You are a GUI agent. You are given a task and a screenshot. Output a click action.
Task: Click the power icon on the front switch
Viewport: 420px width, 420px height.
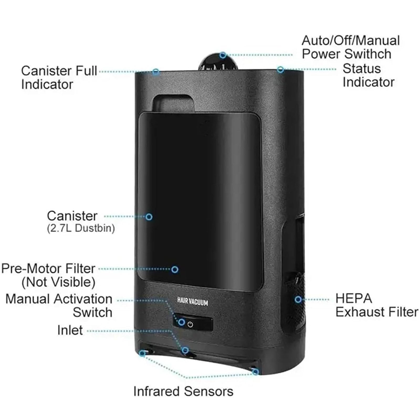tap(190, 324)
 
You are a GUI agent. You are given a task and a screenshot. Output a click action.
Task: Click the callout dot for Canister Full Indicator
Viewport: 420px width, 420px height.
tap(156, 71)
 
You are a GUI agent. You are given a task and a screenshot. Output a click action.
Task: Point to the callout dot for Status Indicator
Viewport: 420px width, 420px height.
tap(281, 70)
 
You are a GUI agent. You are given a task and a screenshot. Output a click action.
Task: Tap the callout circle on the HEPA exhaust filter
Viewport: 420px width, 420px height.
tap(298, 299)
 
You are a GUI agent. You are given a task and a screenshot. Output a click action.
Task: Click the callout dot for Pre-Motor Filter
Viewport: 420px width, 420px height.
tap(175, 269)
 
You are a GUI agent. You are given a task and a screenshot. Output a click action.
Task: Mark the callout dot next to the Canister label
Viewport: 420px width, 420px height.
tap(149, 217)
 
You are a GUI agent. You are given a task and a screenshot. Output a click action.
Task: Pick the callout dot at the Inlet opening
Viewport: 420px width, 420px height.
tap(185, 350)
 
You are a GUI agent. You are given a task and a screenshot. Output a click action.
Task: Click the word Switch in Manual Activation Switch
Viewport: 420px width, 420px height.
tap(92, 312)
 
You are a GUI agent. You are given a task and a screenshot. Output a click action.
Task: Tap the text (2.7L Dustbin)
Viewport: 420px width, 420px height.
tap(81, 228)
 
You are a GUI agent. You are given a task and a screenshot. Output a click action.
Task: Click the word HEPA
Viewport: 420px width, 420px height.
tap(354, 298)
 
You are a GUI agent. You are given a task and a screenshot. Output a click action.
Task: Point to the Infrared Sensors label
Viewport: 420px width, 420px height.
tap(183, 391)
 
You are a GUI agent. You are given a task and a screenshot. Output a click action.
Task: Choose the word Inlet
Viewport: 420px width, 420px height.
tap(70, 330)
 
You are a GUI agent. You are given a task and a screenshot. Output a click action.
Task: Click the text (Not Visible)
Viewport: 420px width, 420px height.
tap(59, 282)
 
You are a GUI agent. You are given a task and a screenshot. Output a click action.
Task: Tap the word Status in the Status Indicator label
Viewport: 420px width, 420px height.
tap(361, 69)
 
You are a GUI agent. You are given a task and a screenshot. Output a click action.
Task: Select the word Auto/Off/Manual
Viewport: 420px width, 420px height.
tap(351, 41)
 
